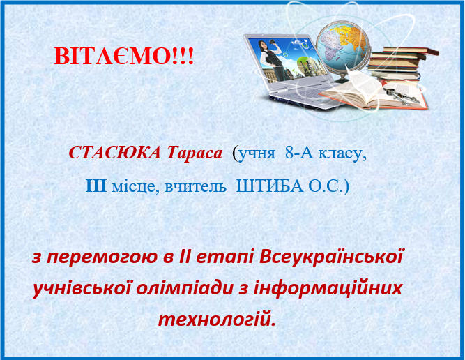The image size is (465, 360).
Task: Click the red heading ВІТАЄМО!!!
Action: coord(124,56)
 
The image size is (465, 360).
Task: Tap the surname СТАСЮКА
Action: coord(115,153)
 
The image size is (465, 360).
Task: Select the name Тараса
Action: coord(195,153)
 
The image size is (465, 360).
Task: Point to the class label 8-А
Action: coord(299,153)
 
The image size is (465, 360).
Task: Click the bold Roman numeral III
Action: coord(96,186)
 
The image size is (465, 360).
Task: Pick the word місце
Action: coord(133,187)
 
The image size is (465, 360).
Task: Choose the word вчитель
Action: coord(195,187)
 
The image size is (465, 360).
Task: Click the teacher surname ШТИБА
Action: coord(270,186)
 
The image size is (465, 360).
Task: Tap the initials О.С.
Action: coord(326,186)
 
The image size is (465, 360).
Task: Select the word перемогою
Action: coord(102,257)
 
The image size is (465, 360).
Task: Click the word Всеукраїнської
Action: coord(331,257)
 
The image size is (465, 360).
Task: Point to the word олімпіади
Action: coord(185,288)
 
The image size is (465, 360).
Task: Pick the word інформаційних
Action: coord(328,288)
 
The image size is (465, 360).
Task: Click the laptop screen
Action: coord(287,60)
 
